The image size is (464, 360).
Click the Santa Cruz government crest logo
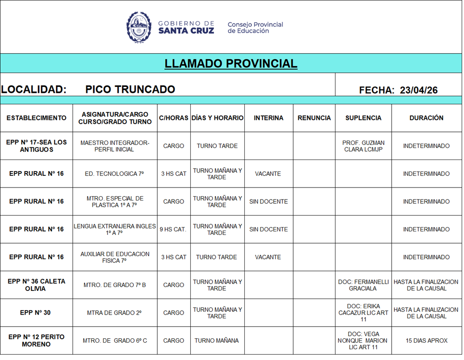pos(139,27)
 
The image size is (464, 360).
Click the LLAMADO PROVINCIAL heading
pos(231,64)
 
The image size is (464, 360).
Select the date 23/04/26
pos(419,90)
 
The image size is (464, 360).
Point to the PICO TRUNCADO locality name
pos(130,89)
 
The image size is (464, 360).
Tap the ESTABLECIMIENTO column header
pos(36,118)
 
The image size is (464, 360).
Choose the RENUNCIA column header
pos(314,118)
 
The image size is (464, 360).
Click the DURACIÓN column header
pos(426,118)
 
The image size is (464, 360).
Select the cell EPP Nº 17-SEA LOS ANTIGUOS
pos(36,146)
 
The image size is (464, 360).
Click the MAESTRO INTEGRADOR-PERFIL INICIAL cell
pos(115,146)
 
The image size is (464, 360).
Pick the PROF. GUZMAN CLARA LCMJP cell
pos(363,146)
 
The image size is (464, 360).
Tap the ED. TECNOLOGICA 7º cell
pos(115,174)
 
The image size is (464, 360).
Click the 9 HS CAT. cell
pos(173,230)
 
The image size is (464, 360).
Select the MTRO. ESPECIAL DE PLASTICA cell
pos(115,202)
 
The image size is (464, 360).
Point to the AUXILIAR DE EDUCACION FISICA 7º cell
pos(115,257)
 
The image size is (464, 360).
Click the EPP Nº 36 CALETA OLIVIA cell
pos(36,285)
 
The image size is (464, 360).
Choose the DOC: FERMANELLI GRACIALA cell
pos(363,285)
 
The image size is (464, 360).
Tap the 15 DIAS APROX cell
pos(426,341)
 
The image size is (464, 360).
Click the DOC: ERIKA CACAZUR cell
pos(363,313)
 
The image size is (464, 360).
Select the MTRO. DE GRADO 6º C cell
pos(115,341)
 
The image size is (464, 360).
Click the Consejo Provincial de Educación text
pos(255,28)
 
